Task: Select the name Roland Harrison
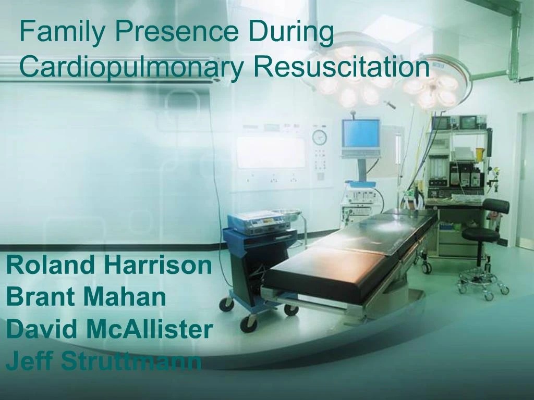(x=109, y=266)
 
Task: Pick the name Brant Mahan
(x=86, y=297)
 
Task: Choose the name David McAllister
(x=110, y=329)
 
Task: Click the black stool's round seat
(x=480, y=234)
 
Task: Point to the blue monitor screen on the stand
(x=360, y=133)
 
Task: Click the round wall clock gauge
(x=319, y=137)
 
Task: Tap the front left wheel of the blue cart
(x=226, y=304)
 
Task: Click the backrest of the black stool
(x=496, y=206)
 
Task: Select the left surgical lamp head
(x=355, y=78)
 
